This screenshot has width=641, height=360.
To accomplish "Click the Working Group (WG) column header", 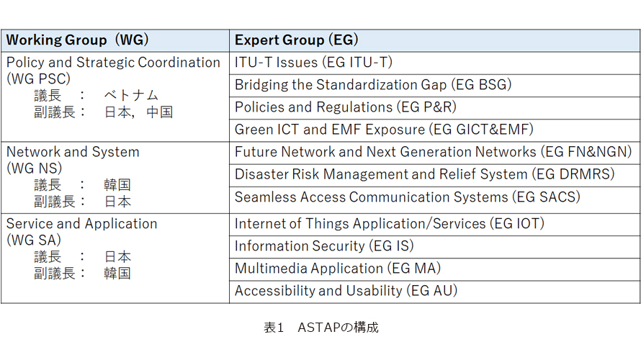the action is point(115,40).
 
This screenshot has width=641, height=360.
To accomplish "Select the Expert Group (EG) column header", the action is point(434,40).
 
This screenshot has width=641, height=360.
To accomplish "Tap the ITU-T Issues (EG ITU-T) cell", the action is point(434,63).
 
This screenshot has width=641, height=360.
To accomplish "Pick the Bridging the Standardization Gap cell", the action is point(434,86).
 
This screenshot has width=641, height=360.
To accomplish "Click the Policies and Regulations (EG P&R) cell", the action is point(434,108).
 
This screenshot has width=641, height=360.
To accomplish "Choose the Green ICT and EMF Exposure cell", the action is point(434,130).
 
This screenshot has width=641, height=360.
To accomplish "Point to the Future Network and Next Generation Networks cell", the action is point(434,153).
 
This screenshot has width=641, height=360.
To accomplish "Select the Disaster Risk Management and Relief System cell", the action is point(434,175).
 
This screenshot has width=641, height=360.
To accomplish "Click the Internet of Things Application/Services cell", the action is point(434,225).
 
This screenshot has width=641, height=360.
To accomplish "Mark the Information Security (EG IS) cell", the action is point(434,247).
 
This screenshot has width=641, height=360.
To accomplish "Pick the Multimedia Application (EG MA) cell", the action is point(434,269).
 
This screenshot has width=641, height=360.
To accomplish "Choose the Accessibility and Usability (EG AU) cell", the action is point(434,292).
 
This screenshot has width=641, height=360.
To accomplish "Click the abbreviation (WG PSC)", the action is point(38,79).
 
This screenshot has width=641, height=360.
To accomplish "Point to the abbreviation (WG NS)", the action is point(35,168).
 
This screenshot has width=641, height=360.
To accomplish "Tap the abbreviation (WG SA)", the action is point(34,240).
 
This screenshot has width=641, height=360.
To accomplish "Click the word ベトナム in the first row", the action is point(131,96).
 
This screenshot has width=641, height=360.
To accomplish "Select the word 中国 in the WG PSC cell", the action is point(159,112).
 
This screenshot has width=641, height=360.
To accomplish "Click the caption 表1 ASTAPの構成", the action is point(321,328).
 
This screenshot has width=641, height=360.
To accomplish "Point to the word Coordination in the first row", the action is point(179,63).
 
